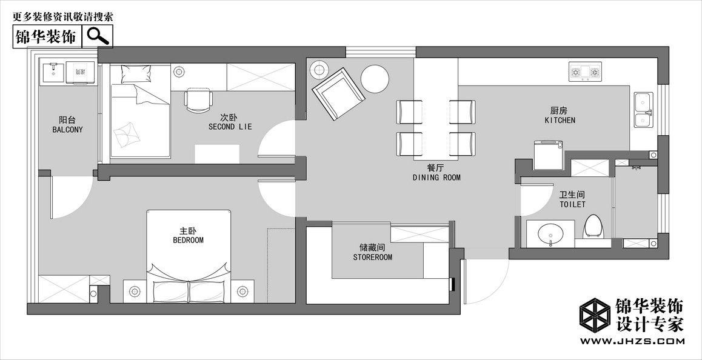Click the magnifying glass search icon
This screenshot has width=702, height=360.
pyautogui.click(x=98, y=36)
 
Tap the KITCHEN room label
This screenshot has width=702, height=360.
pyautogui.click(x=560, y=120)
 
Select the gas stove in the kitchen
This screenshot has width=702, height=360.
pyautogui.click(x=585, y=72)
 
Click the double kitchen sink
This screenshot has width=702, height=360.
pyautogui.click(x=643, y=110)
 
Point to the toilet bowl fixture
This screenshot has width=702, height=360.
pyautogui.click(x=593, y=227)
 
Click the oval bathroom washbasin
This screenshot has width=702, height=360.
pyautogui.click(x=550, y=233)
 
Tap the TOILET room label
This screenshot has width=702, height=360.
pyautogui.click(x=572, y=205)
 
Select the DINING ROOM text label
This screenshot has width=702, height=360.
pyautogui.click(x=436, y=178)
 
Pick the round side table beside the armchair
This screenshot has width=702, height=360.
pyautogui.click(x=375, y=79)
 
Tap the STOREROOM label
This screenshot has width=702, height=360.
pyautogui.click(x=372, y=258)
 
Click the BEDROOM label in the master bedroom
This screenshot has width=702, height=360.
pyautogui.click(x=188, y=240)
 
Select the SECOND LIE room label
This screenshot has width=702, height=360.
pyautogui.click(x=230, y=127)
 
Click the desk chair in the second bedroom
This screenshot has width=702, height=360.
pyautogui.click(x=198, y=100)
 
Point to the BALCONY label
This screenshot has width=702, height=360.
pyautogui.click(x=68, y=130)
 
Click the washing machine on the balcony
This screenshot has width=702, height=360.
pyautogui.click(x=81, y=73)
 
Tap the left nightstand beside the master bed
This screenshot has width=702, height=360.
pyautogui.click(x=135, y=292)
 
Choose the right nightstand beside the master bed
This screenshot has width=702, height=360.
pyautogui.click(x=242, y=292)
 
